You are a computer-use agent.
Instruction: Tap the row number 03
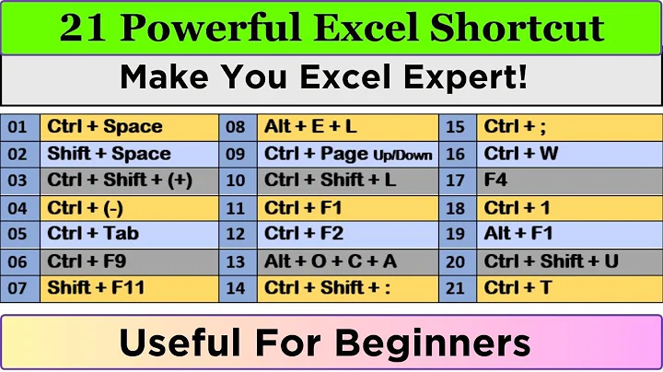click(x=18, y=180)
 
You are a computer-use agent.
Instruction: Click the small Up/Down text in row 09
click(x=402, y=155)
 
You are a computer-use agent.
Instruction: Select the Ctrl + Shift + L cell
click(x=330, y=180)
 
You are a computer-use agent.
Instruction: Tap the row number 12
click(x=236, y=234)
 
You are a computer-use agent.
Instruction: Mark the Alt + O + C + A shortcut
click(x=330, y=262)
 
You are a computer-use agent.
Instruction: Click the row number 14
click(x=236, y=288)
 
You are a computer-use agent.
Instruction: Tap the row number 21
click(x=455, y=288)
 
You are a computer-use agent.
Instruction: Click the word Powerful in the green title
click(x=215, y=28)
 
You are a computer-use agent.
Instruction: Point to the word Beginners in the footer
click(x=432, y=343)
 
